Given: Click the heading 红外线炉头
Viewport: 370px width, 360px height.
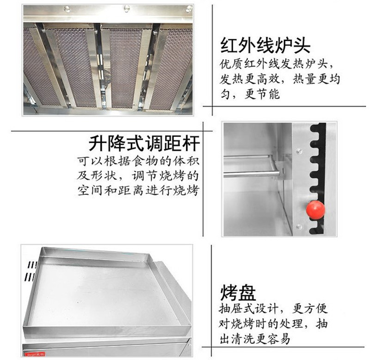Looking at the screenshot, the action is click(265, 45).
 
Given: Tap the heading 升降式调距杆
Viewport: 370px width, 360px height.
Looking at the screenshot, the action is click(144, 143).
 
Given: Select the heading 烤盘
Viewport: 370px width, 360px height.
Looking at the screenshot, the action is click(238, 293).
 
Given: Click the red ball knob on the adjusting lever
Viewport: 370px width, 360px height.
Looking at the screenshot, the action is click(315, 210).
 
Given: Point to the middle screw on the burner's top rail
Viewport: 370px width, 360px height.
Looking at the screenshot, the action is click(127, 8).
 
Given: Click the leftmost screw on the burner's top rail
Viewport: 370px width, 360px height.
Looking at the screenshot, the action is click(67, 9).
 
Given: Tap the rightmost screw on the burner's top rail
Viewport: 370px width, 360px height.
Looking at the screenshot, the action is click(189, 9).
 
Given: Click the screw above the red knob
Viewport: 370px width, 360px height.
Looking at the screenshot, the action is click(299, 150).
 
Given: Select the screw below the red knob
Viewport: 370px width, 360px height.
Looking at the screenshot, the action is click(299, 227).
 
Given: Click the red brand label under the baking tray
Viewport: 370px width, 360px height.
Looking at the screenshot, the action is click(34, 354).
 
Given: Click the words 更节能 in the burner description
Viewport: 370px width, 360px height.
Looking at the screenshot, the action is click(262, 94).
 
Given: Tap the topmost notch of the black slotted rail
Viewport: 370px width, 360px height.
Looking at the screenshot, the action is click(314, 128).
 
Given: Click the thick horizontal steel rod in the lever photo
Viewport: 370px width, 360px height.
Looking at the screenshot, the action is click(252, 174).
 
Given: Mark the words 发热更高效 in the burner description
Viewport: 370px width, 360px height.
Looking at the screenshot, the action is click(249, 79).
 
